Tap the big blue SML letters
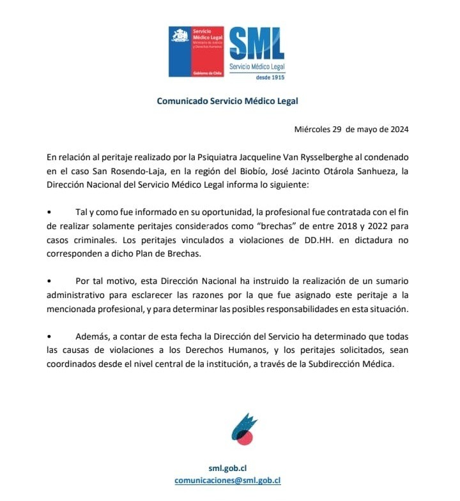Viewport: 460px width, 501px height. click(257, 44)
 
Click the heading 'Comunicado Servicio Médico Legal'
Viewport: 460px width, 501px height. click(227, 101)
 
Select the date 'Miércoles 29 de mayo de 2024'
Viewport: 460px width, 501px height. click(351, 129)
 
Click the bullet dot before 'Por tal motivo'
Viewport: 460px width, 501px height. click(49, 281)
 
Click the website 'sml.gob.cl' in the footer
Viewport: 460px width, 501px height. click(227, 468)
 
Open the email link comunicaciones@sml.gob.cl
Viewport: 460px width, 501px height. click(227, 481)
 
